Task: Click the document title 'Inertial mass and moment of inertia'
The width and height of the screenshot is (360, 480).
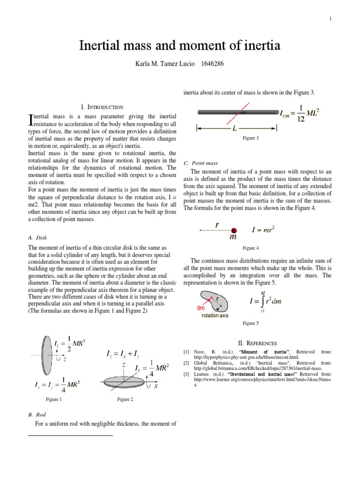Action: (x=180, y=46)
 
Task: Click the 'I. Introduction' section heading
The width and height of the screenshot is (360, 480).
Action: (x=102, y=107)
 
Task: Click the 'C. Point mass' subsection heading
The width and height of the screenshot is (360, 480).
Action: (x=201, y=163)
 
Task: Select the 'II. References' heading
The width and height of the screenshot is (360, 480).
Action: (x=258, y=343)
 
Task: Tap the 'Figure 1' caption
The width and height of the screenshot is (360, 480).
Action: (x=53, y=399)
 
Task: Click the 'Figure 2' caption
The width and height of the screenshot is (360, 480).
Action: (x=125, y=399)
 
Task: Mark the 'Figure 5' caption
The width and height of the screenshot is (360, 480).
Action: (x=250, y=323)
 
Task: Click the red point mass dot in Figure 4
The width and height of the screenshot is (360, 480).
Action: (x=234, y=230)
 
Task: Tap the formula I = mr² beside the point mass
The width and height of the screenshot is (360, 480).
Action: (x=263, y=230)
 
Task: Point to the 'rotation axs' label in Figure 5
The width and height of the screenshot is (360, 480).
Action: (x=215, y=315)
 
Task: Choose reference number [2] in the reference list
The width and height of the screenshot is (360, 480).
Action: (x=187, y=363)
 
